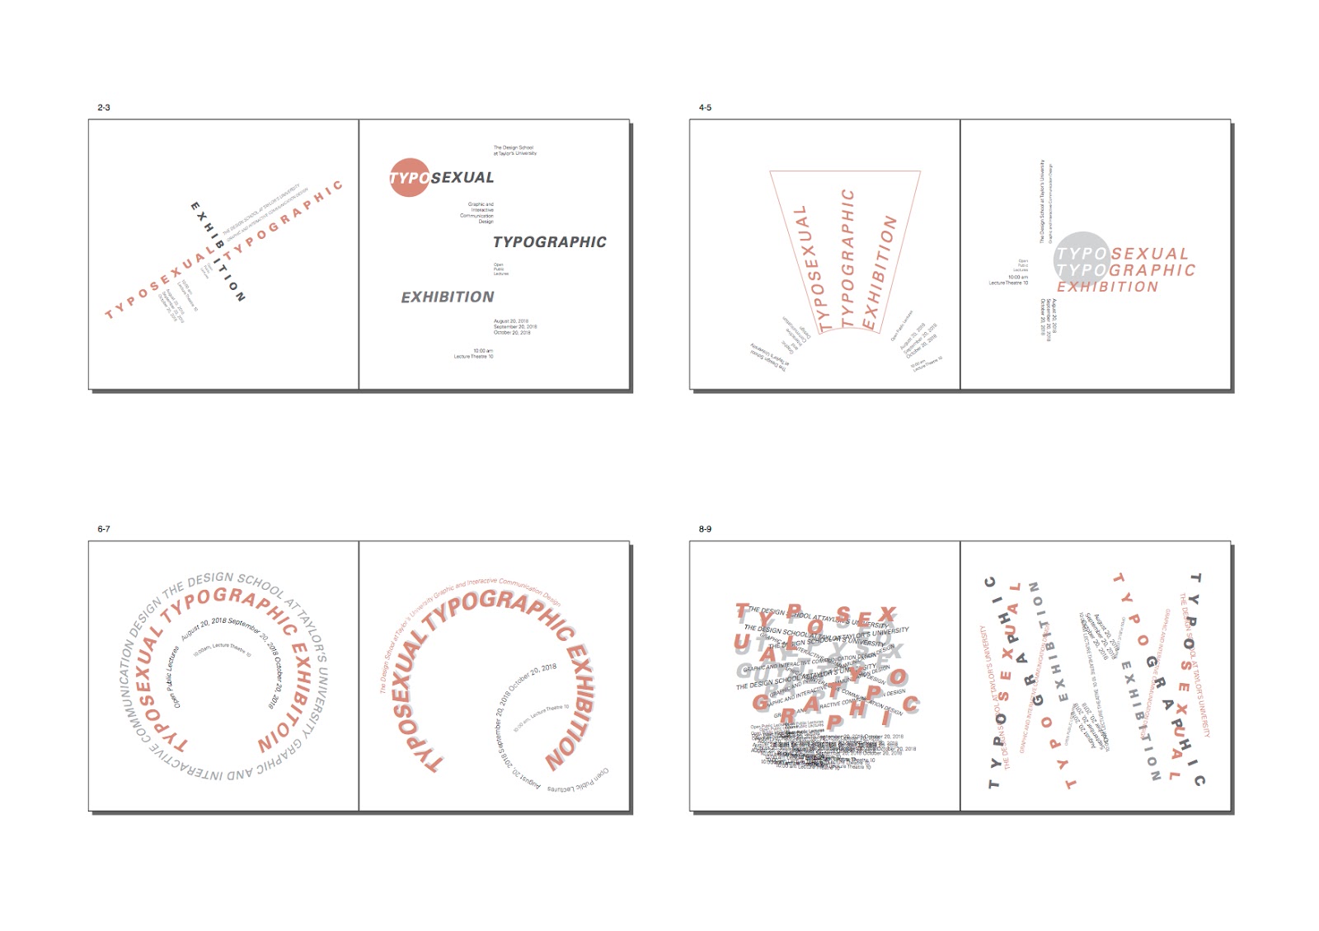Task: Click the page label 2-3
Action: tap(103, 107)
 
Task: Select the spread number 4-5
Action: tap(705, 107)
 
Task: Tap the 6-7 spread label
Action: tap(103, 529)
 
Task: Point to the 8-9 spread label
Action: tap(705, 529)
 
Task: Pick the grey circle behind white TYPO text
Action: tap(1080, 257)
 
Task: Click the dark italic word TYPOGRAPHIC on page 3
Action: tap(549, 242)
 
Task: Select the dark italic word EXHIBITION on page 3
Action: tap(448, 297)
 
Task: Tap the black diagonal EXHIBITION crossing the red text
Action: tap(218, 251)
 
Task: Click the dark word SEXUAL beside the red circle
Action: tap(462, 178)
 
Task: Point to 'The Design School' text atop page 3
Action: tap(514, 150)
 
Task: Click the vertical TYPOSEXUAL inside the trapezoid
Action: tap(809, 269)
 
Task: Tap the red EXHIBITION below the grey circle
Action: tap(1107, 287)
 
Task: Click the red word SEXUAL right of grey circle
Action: tap(1150, 254)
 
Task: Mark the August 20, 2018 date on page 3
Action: tap(511, 321)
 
